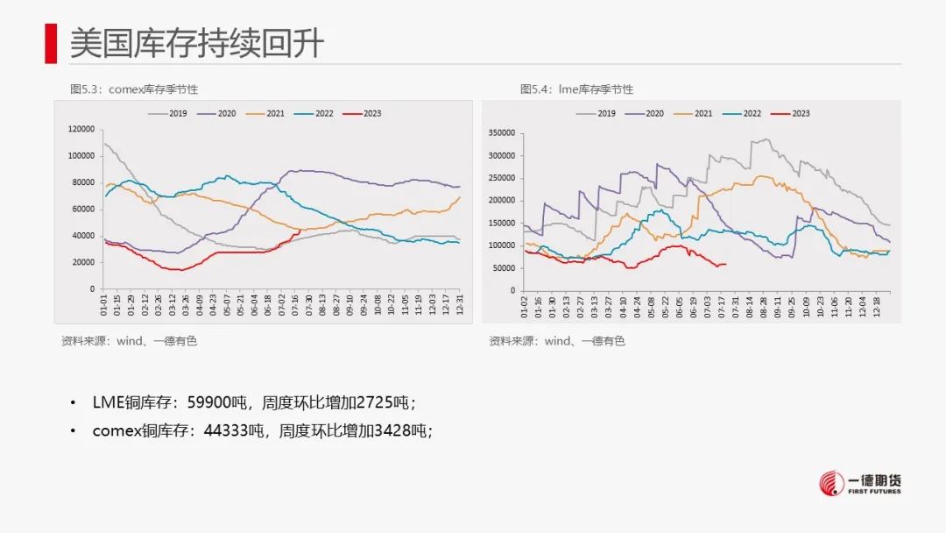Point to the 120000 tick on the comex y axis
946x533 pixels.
[81, 129]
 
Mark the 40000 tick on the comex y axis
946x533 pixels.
[84, 236]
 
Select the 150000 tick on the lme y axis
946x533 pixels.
[503, 224]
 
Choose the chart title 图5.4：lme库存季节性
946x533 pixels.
[576, 89]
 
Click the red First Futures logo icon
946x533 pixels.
[833, 484]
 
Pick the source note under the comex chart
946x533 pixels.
[130, 341]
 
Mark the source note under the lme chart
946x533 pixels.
[557, 341]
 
